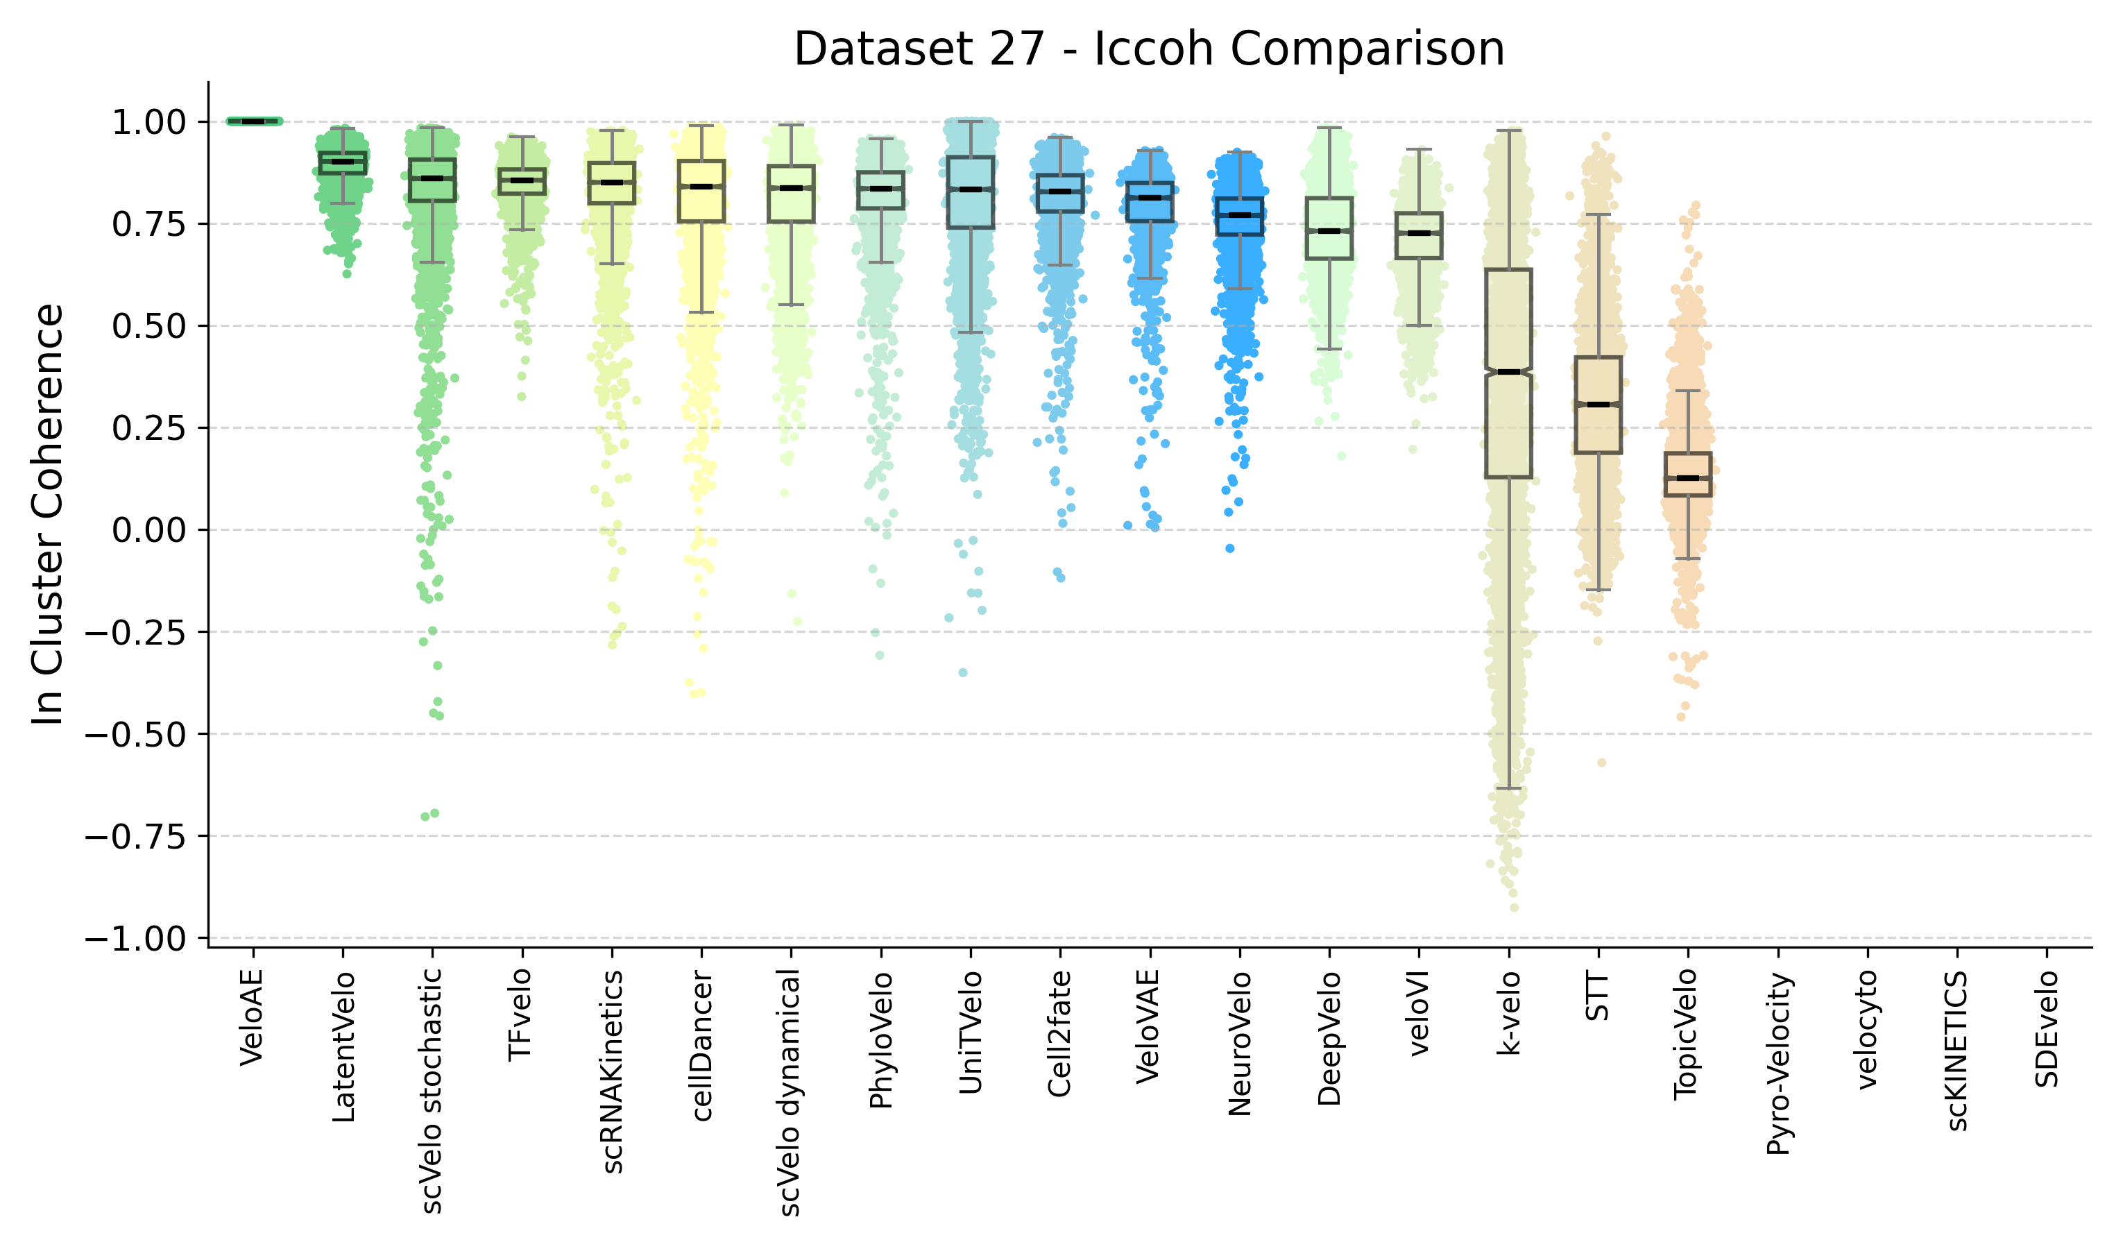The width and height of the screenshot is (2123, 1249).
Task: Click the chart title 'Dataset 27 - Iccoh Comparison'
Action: pyautogui.click(x=1148, y=49)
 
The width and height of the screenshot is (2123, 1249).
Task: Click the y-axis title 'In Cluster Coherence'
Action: pyautogui.click(x=48, y=514)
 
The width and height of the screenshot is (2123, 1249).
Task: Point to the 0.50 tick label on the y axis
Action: pyautogui.click(x=149, y=327)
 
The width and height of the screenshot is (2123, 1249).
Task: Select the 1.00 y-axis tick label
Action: pyautogui.click(x=149, y=123)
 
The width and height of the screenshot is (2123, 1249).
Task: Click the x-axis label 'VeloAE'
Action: pyautogui.click(x=252, y=1017)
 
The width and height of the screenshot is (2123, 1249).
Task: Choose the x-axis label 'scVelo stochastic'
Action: pyautogui.click(x=432, y=1091)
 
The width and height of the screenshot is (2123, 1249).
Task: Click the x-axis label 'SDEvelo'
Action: pyautogui.click(x=2047, y=1029)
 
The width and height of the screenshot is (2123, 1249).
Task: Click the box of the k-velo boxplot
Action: pyautogui.click(x=1509, y=421)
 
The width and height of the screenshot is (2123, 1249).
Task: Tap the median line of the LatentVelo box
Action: pyautogui.click(x=342, y=161)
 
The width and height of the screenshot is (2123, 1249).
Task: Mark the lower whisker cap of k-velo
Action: pyautogui.click(x=1509, y=789)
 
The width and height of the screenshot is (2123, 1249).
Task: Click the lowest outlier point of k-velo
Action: pyautogui.click(x=1514, y=908)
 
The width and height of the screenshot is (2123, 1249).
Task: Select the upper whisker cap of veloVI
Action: pyautogui.click(x=1419, y=149)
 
